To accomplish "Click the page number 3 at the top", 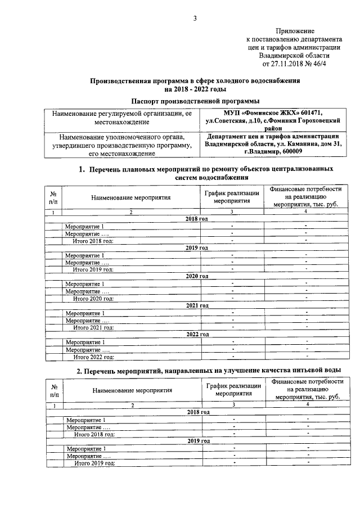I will pyautogui.click(x=195, y=18).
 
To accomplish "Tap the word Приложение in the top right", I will pyautogui.click(x=295, y=30).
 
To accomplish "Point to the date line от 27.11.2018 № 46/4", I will pyautogui.click(x=295, y=64).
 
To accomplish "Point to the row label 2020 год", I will pyautogui.click(x=197, y=276).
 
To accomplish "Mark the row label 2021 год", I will pyautogui.click(x=197, y=305).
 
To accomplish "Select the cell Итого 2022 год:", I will pyautogui.click(x=94, y=357).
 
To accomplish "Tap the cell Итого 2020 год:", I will pyautogui.click(x=93, y=298).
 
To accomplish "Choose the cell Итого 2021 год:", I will pyautogui.click(x=94, y=327).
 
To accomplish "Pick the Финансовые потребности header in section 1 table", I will pyautogui.click(x=305, y=197).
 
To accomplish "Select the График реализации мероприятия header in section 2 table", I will pyautogui.click(x=233, y=390).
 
